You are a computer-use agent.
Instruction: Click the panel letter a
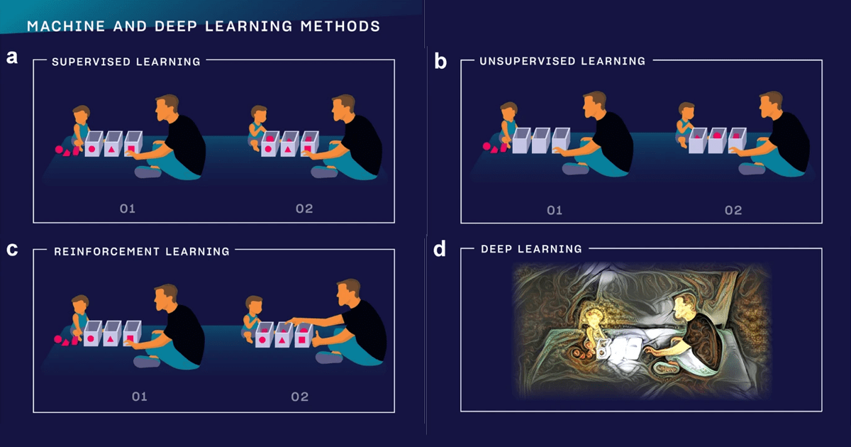[12, 57]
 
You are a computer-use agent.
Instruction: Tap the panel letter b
[440, 61]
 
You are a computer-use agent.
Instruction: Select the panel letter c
[12, 249]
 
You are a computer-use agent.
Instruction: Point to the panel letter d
[440, 249]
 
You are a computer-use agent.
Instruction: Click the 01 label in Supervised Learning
[128, 209]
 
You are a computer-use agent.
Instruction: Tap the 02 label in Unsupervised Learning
[733, 210]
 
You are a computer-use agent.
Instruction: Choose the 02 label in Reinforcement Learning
[300, 397]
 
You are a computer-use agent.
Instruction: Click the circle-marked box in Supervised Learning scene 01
[93, 143]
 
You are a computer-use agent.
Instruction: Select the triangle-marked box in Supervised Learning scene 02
[289, 143]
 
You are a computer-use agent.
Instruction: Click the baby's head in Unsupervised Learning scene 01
[508, 111]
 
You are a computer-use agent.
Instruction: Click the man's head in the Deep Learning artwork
[683, 309]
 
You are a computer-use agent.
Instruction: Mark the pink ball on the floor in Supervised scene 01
[59, 150]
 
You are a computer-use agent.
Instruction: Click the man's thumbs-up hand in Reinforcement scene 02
[317, 339]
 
